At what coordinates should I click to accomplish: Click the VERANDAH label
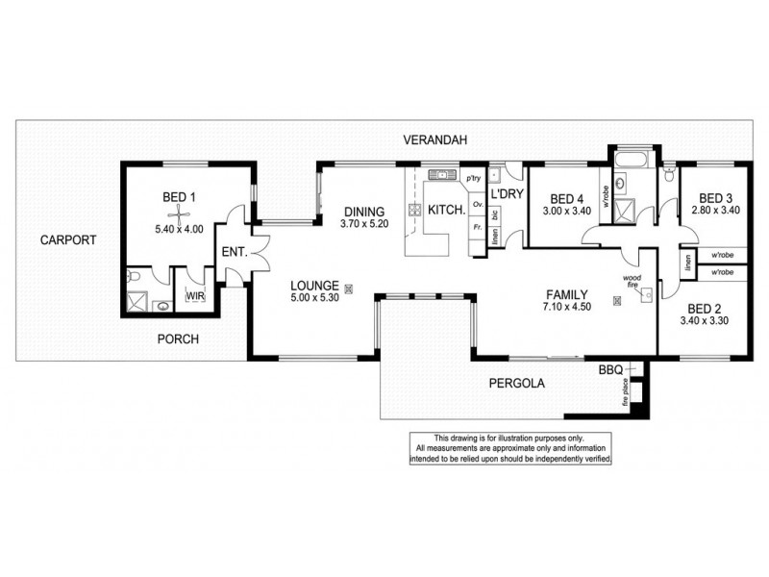pyautogui.click(x=434, y=140)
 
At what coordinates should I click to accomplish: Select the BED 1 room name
pyautogui.click(x=179, y=197)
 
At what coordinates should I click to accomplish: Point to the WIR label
pyautogui.click(x=194, y=296)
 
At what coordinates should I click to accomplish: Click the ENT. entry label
pyautogui.click(x=234, y=252)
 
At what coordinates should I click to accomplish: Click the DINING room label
pyautogui.click(x=362, y=212)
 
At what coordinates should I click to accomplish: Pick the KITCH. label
pyautogui.click(x=447, y=211)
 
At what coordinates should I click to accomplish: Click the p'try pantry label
pyautogui.click(x=473, y=179)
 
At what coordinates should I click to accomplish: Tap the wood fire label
pyautogui.click(x=633, y=281)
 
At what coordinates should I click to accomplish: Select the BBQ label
pyautogui.click(x=610, y=369)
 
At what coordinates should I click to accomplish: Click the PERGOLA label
pyautogui.click(x=516, y=383)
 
